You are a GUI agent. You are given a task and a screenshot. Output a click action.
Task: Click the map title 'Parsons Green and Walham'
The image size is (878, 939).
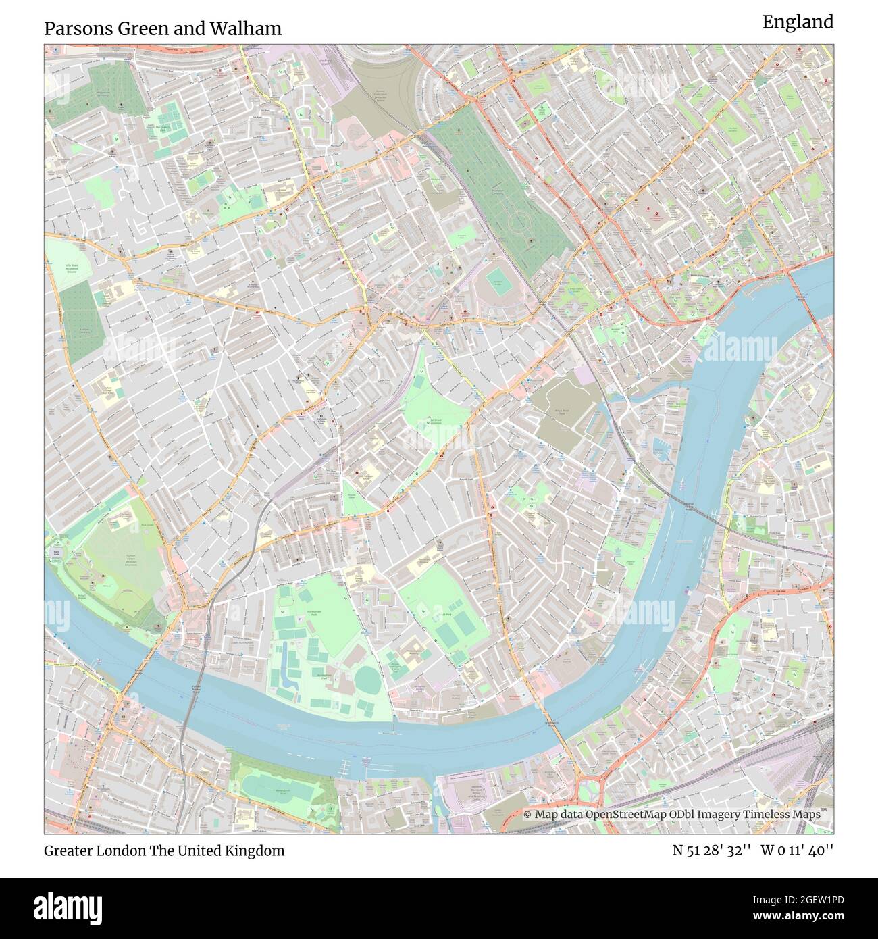coord(163,28)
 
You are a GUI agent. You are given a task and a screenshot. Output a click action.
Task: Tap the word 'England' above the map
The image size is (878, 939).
coord(798,22)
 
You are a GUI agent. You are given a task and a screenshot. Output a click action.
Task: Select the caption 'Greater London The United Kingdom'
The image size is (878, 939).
coord(164,851)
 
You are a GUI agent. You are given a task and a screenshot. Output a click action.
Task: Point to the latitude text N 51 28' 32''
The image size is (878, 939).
coord(712,851)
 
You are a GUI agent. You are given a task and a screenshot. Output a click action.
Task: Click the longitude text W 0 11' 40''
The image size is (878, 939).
coord(797,851)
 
